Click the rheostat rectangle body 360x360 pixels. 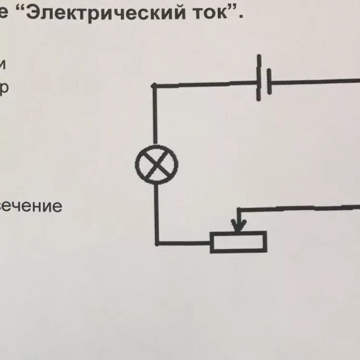click(238, 241)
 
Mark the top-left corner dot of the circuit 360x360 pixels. click(154, 85)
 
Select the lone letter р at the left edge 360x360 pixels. click(4, 89)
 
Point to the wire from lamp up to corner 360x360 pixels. click(155, 115)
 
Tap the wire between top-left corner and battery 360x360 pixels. click(206, 84)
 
